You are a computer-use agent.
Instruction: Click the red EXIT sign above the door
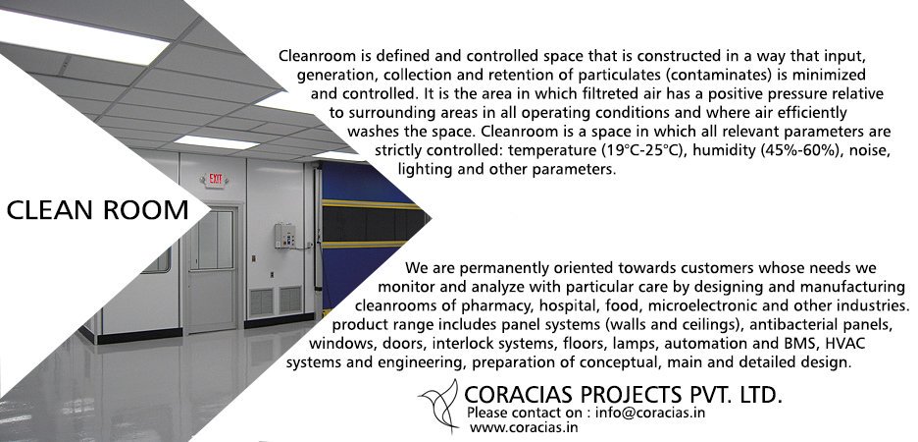click(213, 180)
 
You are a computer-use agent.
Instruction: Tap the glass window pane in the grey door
click(212, 240)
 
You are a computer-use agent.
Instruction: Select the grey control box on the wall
click(284, 236)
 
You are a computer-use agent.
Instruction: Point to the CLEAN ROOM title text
click(97, 210)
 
